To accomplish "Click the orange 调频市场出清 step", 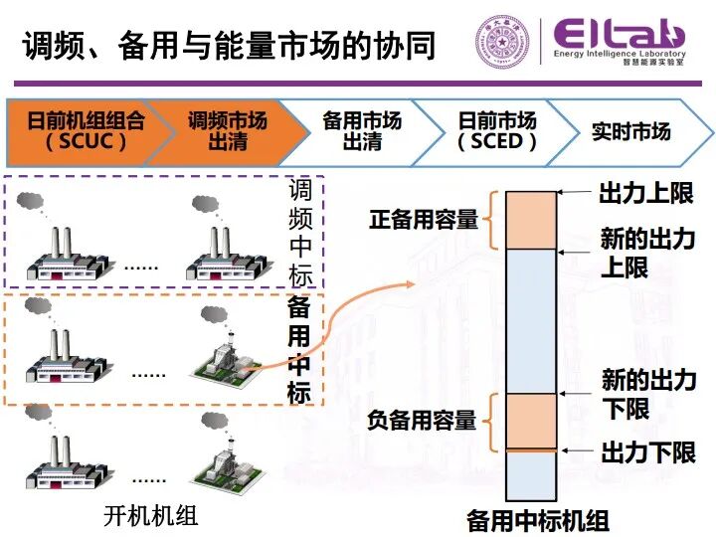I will (x=228, y=130).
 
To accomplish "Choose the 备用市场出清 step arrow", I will (x=362, y=130).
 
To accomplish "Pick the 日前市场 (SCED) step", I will (x=497, y=130).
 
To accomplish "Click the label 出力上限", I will (x=645, y=192).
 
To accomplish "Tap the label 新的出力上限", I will (x=646, y=253).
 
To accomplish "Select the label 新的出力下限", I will (x=647, y=393).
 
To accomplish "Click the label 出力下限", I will (x=647, y=453).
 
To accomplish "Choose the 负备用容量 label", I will (x=423, y=421).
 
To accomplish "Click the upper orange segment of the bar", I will (x=531, y=220).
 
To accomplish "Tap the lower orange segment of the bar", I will (x=531, y=421).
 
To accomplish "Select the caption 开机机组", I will (x=151, y=515).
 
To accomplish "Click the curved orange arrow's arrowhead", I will (x=408, y=286).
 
